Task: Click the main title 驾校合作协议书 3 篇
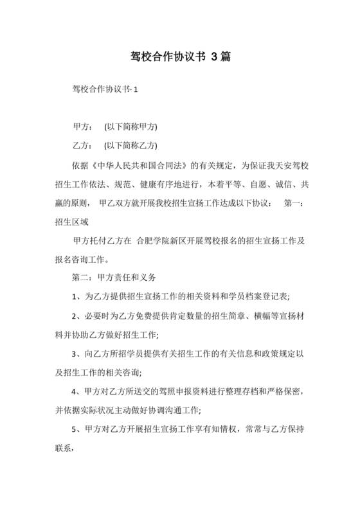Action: click(179, 57)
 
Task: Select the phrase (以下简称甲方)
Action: click(130, 127)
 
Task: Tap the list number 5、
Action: click(76, 429)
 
